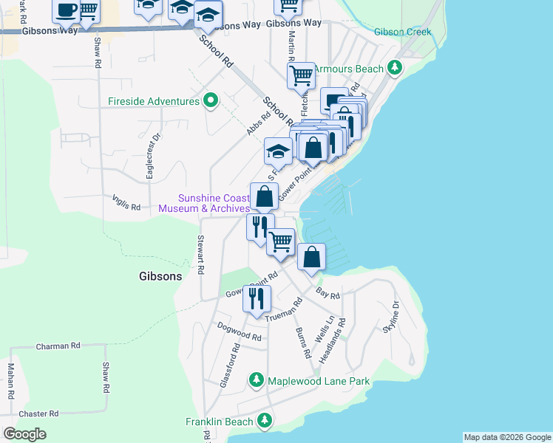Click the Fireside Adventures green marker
click(x=210, y=100)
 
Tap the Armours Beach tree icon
click(x=396, y=69)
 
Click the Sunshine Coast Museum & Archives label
click(x=204, y=203)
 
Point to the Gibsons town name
click(x=160, y=276)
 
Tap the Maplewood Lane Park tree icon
click(x=257, y=381)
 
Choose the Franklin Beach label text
click(x=219, y=422)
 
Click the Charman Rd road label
click(x=58, y=346)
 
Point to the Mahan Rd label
click(x=11, y=381)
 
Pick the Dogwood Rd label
click(x=239, y=331)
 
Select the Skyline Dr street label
click(x=391, y=316)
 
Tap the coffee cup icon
click(x=66, y=10)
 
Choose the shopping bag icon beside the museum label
click(x=264, y=196)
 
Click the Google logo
click(x=24, y=434)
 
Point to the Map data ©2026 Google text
click(x=506, y=437)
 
